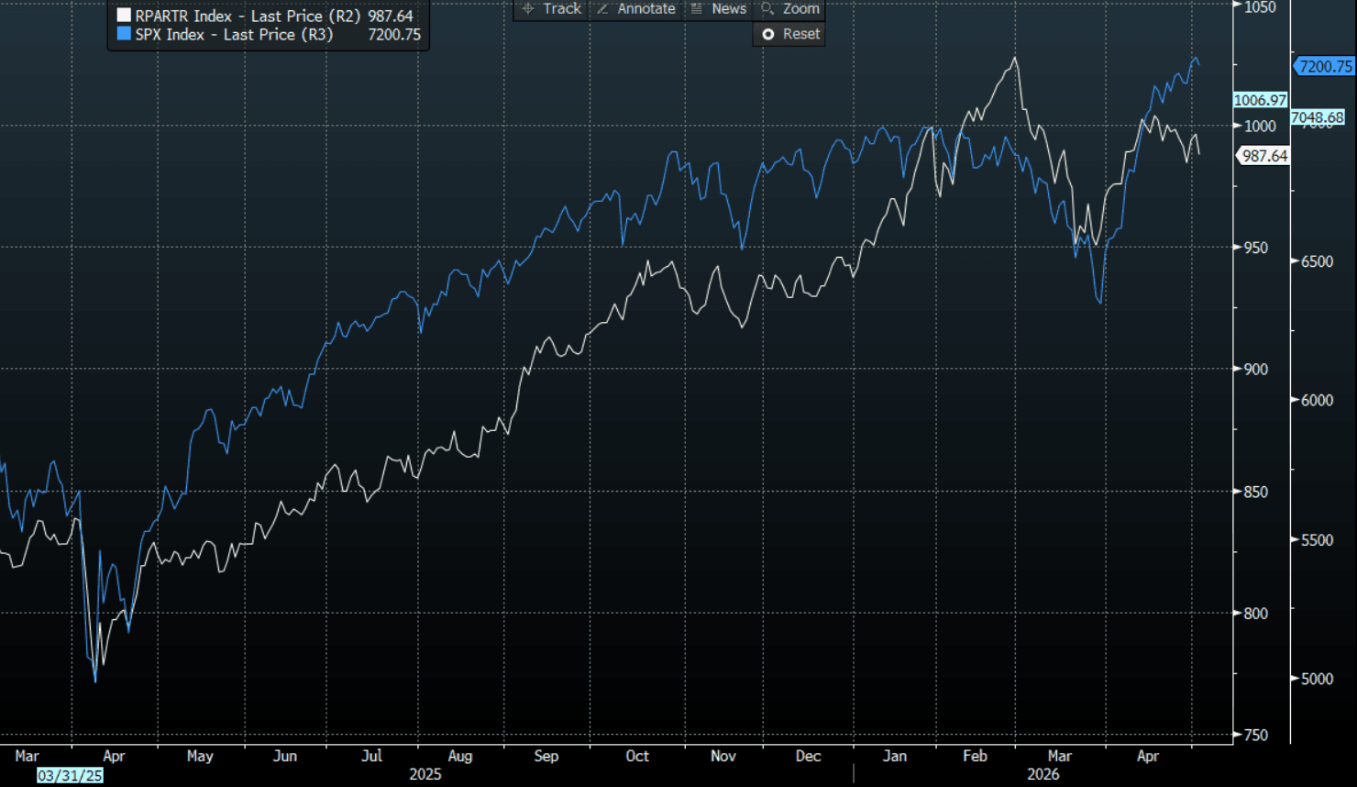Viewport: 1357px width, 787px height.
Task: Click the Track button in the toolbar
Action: [x=551, y=9]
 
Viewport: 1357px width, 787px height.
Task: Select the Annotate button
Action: [x=636, y=9]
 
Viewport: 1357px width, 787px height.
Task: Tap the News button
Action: [x=719, y=9]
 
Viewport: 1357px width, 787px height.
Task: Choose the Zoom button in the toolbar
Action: [x=790, y=9]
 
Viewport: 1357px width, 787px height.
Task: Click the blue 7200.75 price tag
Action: [x=1324, y=66]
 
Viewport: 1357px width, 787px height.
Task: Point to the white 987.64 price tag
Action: [x=1263, y=156]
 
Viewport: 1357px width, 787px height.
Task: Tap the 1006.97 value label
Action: [x=1260, y=100]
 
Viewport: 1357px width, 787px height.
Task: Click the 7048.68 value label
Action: [x=1317, y=116]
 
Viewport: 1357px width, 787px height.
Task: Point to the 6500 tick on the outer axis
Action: [x=1317, y=261]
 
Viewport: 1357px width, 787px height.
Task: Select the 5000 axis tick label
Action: [x=1317, y=679]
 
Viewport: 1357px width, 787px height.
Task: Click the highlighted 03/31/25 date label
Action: [x=70, y=775]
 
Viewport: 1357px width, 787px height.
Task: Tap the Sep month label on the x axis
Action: [x=546, y=756]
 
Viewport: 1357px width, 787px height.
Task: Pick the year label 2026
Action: [x=1043, y=774]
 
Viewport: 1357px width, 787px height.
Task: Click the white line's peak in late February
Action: [x=1015, y=58]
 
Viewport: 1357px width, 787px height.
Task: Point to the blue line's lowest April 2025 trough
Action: [x=95, y=682]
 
